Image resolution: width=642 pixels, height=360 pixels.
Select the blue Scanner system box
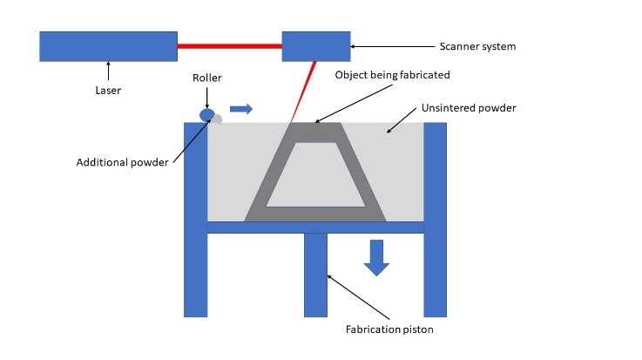[x=315, y=46]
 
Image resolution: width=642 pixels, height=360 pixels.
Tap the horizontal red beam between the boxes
[x=229, y=46]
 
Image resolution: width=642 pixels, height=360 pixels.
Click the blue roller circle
[x=207, y=114]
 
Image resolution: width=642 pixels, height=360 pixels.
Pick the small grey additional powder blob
[x=218, y=119]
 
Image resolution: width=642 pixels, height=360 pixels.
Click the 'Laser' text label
[x=109, y=89]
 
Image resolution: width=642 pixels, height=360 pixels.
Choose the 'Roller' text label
[x=207, y=78]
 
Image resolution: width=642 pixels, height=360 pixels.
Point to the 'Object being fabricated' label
[x=393, y=75]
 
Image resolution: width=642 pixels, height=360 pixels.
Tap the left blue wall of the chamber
[x=195, y=218]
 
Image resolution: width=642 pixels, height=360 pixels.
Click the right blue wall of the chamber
[x=435, y=218]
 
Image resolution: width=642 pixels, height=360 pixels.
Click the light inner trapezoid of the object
[x=315, y=174]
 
